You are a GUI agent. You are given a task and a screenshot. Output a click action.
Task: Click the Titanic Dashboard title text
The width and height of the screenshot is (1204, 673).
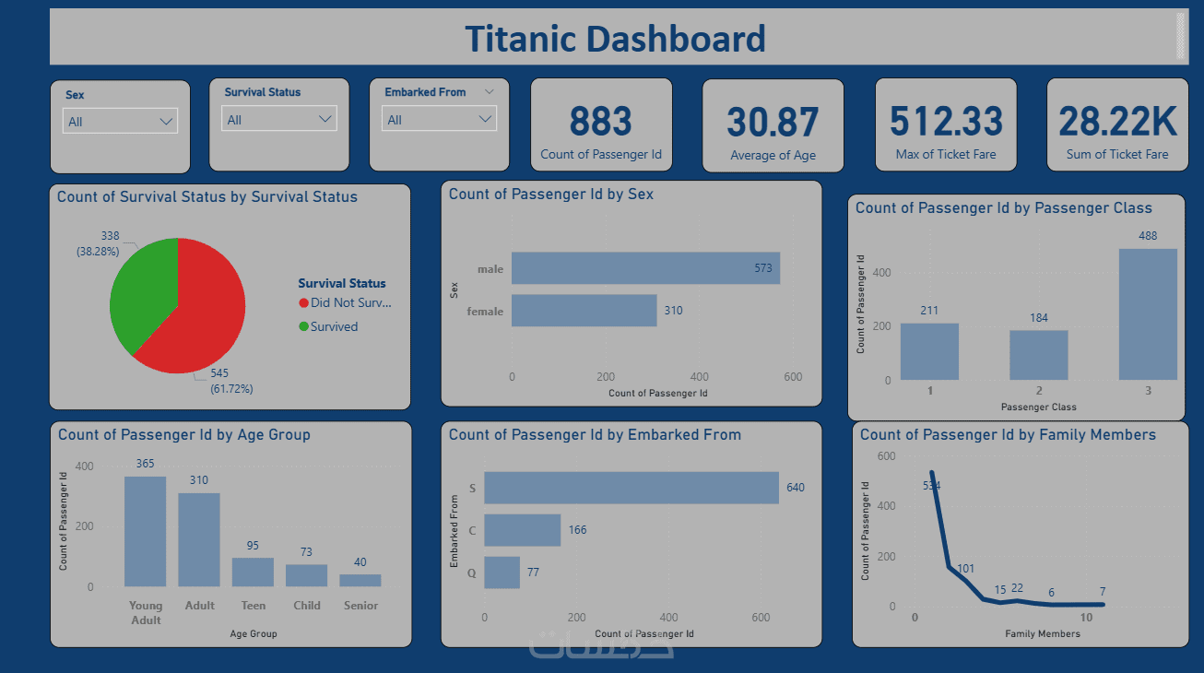615,39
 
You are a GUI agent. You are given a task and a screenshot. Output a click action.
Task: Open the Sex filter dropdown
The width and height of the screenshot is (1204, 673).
120,122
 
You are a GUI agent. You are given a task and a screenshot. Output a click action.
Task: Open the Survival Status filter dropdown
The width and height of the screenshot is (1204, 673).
279,120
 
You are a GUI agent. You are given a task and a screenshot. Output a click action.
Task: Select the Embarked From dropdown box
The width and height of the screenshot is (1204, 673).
439,120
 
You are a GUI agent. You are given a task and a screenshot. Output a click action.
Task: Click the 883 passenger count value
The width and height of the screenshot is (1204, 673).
600,122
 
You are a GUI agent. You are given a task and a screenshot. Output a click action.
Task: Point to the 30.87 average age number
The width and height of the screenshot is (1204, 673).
773,124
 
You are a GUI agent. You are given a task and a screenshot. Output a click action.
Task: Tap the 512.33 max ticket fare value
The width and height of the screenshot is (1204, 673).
946,122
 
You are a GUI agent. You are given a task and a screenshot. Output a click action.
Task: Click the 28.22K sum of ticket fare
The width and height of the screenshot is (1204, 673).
1117,122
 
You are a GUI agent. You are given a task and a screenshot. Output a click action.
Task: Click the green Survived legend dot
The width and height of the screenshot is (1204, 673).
304,326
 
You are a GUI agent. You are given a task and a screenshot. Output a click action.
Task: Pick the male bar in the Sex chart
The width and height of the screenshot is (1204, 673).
645,268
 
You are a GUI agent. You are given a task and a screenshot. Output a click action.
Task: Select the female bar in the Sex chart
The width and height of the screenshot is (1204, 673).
584,311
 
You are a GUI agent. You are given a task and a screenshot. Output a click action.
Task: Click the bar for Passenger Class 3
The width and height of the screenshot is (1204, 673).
1148,314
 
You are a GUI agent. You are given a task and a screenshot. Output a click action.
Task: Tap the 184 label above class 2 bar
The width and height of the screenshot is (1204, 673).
1039,318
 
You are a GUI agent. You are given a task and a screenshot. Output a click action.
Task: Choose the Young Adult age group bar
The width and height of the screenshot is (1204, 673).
146,531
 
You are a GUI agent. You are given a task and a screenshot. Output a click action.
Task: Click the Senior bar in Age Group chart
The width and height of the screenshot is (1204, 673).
360,581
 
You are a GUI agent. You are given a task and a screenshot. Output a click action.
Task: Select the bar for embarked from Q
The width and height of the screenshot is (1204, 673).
502,573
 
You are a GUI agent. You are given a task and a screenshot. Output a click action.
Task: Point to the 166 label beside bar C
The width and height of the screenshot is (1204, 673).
577,530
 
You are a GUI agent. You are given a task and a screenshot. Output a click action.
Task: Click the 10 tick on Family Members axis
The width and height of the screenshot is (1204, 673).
1087,618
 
